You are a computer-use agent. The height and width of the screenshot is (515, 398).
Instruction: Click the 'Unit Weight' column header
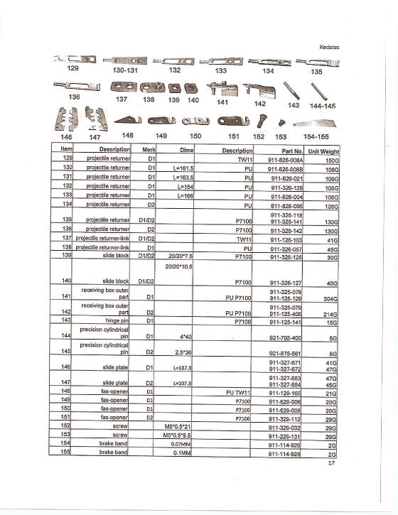click(x=323, y=151)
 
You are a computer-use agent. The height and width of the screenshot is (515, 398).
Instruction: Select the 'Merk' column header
click(x=149, y=151)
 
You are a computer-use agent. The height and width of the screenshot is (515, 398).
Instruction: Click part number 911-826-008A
click(x=285, y=161)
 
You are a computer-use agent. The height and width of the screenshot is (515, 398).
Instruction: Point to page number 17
click(x=330, y=462)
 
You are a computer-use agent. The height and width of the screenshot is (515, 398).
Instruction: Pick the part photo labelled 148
click(x=127, y=120)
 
